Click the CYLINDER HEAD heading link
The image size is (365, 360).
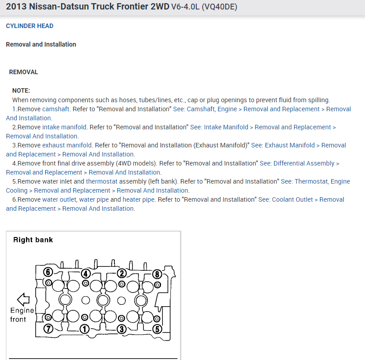pos(29,26)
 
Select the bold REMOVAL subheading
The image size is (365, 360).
pos(24,72)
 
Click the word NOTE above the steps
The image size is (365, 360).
pos(21,90)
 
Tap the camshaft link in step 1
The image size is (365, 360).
pos(56,109)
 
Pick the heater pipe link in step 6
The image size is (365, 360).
pos(139,199)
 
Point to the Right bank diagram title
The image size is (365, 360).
pos(33,240)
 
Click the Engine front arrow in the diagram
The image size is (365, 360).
pos(23,299)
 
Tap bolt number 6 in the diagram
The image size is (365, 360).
pos(48,272)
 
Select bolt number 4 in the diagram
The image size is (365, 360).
pos(85,274)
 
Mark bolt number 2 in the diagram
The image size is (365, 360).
pos(121,273)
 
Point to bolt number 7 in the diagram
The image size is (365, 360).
pos(48,329)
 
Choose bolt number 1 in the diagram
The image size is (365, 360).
pos(84,329)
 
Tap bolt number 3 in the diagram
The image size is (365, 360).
pos(121,329)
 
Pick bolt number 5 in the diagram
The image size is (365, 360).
pos(157,329)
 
